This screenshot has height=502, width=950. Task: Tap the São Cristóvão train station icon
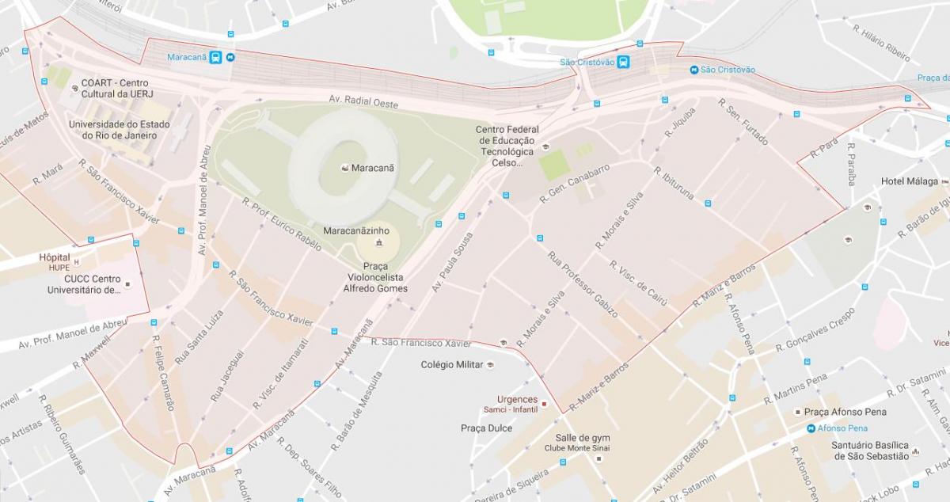[624, 63]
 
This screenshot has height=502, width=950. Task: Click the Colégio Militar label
[451, 364]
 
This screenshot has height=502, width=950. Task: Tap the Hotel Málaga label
[909, 181]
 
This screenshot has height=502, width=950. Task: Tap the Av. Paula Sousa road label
[453, 262]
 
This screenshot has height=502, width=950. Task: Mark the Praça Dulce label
[486, 428]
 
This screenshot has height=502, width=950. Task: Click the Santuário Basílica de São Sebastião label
[869, 451]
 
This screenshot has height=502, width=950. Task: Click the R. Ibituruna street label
[674, 183]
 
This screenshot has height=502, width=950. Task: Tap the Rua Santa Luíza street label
[188, 337]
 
